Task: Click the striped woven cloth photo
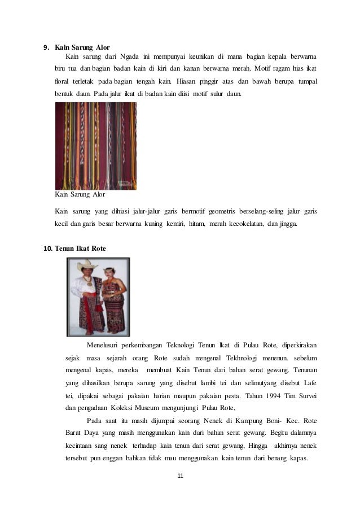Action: click(x=95, y=146)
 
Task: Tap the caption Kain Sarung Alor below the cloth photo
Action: click(x=80, y=195)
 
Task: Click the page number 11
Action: click(x=180, y=476)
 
